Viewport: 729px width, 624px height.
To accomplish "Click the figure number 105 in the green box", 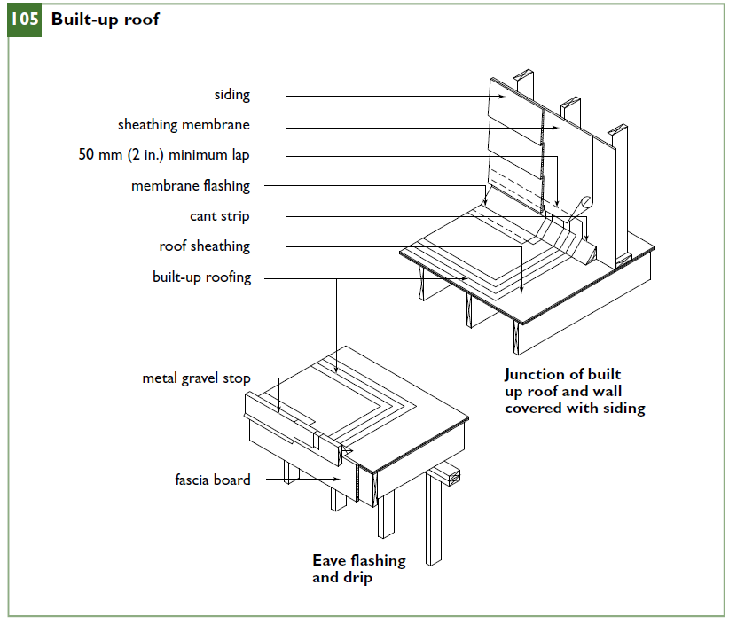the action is coord(25,19).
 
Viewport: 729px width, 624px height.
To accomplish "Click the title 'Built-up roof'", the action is coord(105,19).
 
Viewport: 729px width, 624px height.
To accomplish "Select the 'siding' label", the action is coord(232,95).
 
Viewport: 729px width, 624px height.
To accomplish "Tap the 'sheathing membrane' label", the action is coord(184,125).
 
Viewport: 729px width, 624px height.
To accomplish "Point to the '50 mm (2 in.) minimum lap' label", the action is coord(164,155).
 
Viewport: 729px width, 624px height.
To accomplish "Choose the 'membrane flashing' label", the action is coord(191,186).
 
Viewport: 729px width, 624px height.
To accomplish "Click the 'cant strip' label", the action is coord(219,216).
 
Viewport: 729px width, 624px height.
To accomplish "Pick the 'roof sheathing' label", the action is coord(205,246).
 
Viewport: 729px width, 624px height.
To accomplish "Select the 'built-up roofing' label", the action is coord(202,277).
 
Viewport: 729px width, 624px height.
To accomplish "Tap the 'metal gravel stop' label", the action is coord(196,378).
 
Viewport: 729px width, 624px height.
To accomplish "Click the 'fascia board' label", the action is coord(213,480).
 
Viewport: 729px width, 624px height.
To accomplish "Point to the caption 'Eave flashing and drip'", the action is coord(359,569).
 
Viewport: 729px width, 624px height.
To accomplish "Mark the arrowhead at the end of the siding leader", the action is coord(502,97).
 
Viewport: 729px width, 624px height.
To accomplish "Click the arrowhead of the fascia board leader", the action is coord(337,479).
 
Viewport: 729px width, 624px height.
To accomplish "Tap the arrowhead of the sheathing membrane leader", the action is coord(555,129).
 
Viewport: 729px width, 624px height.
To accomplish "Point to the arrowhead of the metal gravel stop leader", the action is coord(279,409).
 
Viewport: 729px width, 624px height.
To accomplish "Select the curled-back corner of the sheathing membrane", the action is coord(584,204).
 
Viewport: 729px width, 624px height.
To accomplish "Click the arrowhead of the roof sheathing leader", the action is coord(521,289).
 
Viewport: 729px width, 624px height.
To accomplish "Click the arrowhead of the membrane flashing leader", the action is coord(485,202).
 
